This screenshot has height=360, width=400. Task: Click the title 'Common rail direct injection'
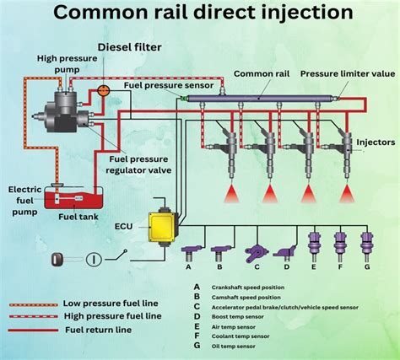pos(200,13)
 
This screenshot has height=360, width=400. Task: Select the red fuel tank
pos(72,201)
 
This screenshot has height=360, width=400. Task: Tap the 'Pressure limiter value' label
pos(348,74)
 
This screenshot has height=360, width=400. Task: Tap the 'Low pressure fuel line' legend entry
pos(106,303)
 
